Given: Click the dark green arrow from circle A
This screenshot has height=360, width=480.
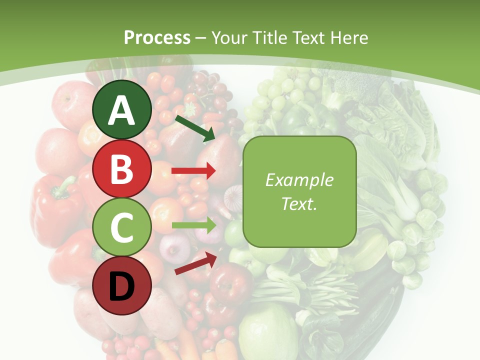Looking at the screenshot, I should (194, 128).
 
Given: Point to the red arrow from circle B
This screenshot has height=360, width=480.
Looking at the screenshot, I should (193, 171).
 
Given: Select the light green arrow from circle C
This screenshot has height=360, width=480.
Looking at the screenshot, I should (193, 225).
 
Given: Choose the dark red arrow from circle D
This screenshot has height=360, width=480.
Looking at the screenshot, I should (195, 263).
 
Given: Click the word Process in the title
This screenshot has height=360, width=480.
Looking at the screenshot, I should (157, 37).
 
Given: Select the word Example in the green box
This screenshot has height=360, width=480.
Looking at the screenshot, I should (299, 180).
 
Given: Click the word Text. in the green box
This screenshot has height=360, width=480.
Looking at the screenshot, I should (299, 203).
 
